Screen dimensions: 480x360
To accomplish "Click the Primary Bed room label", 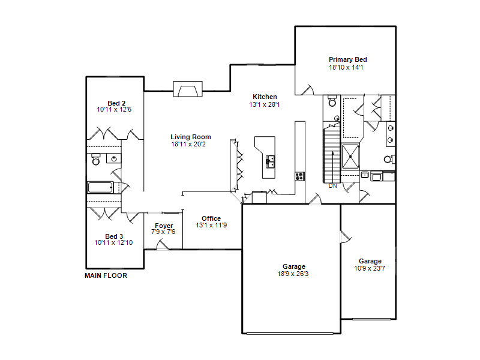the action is pyautogui.click(x=348, y=59).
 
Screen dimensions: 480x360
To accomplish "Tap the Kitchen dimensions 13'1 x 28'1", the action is pyautogui.click(x=265, y=104).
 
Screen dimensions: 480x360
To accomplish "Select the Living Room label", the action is pyautogui.click(x=191, y=137).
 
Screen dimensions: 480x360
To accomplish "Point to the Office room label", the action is pyautogui.click(x=211, y=218).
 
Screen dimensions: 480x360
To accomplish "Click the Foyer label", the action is pyautogui.click(x=164, y=226).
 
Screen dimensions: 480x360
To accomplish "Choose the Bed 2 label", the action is pyautogui.click(x=116, y=103).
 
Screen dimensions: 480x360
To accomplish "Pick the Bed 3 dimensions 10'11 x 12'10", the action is pyautogui.click(x=113, y=243).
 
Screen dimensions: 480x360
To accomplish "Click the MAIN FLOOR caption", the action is pyautogui.click(x=106, y=275).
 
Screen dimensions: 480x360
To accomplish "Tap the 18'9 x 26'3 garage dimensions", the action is pyautogui.click(x=293, y=274).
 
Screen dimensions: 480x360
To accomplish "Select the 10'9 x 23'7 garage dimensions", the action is pyautogui.click(x=370, y=268).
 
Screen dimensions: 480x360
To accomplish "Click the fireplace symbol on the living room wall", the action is pyautogui.click(x=188, y=89).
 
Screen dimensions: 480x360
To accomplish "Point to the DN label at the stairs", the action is pyautogui.click(x=333, y=186).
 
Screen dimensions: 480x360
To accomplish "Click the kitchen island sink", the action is pyautogui.click(x=270, y=161).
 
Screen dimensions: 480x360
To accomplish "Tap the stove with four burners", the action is pyautogui.click(x=299, y=176).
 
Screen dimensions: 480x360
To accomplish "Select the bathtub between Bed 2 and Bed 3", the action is pyautogui.click(x=100, y=187).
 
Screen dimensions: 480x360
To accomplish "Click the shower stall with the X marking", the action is pyautogui.click(x=350, y=157).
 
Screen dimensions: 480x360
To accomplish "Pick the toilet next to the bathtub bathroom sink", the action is pyautogui.click(x=96, y=159).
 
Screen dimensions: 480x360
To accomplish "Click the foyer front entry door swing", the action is pyautogui.click(x=163, y=245).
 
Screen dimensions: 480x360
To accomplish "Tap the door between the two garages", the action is pyautogui.click(x=346, y=237).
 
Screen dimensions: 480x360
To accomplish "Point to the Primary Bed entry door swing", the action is pyautogui.click(x=308, y=90).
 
